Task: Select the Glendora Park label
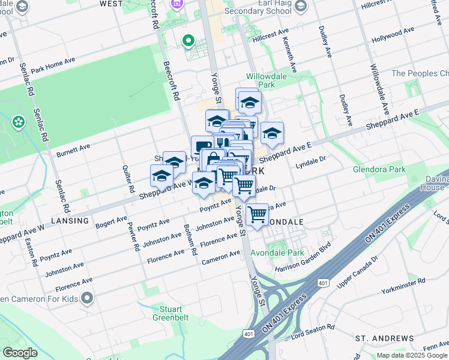380,169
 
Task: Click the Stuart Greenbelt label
167,313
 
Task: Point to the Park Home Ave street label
53,65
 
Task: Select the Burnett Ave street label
73,149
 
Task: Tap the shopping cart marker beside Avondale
258,214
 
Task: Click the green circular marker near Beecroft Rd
188,41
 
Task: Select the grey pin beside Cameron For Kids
88,298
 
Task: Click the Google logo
20,352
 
